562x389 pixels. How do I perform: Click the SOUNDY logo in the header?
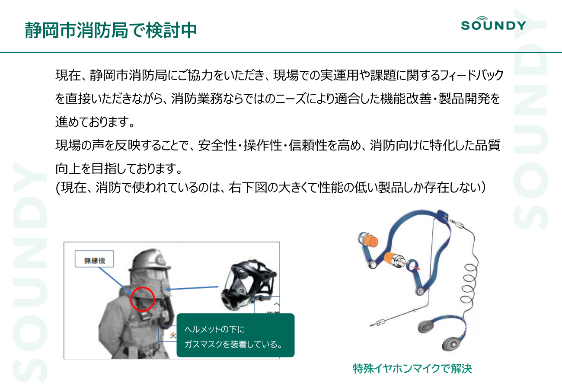tap(493, 24)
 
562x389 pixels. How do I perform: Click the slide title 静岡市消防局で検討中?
tap(111, 31)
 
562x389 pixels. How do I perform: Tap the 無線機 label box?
tap(94, 260)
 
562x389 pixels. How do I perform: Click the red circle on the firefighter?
tap(143, 299)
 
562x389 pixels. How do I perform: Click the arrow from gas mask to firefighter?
tap(192, 288)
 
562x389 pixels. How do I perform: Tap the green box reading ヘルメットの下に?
tap(235, 335)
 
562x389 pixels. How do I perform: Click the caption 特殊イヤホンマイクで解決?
tap(412, 369)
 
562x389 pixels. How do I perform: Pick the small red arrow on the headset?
tap(416, 268)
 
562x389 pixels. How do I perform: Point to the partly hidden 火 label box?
tap(168, 334)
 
